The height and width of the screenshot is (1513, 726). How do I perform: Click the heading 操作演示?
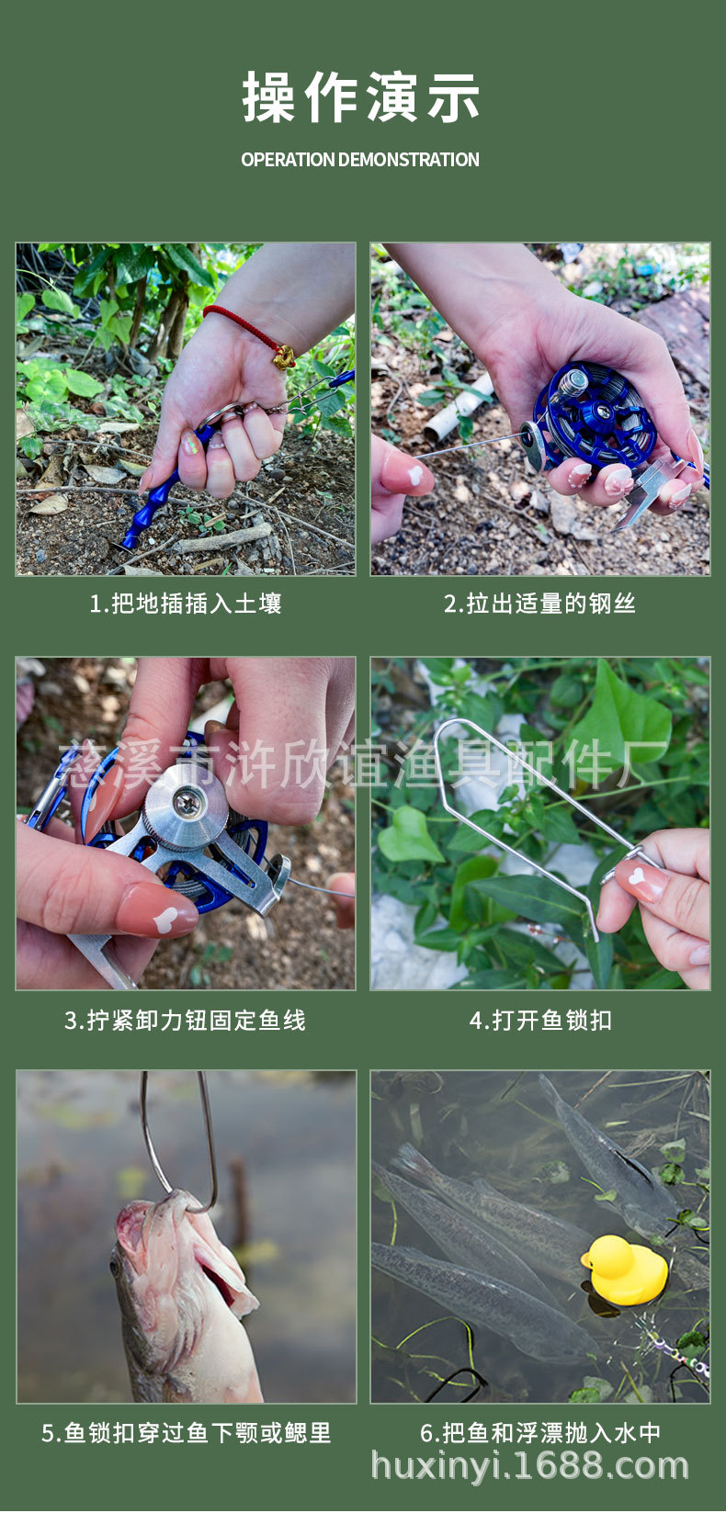click(361, 97)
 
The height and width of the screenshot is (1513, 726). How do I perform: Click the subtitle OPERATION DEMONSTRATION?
click(360, 160)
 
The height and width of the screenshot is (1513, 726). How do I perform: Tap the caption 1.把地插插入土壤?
click(186, 604)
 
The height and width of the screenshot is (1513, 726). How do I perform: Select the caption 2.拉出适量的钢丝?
click(539, 604)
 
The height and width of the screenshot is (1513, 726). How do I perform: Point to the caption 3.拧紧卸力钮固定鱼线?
click(186, 1020)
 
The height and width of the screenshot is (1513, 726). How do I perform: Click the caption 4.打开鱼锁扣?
click(540, 1020)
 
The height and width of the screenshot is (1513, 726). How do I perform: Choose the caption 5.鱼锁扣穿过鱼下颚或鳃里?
click(186, 1432)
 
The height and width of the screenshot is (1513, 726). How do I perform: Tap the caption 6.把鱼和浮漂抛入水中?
click(540, 1432)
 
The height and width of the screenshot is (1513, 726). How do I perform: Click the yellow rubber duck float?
click(625, 1270)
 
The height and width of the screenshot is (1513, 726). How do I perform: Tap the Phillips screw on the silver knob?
click(185, 801)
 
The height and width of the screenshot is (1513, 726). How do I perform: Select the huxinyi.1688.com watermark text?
click(530, 1466)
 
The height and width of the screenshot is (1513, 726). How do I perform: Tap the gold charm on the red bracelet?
click(285, 356)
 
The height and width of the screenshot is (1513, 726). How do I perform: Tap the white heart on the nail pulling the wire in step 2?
click(414, 476)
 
